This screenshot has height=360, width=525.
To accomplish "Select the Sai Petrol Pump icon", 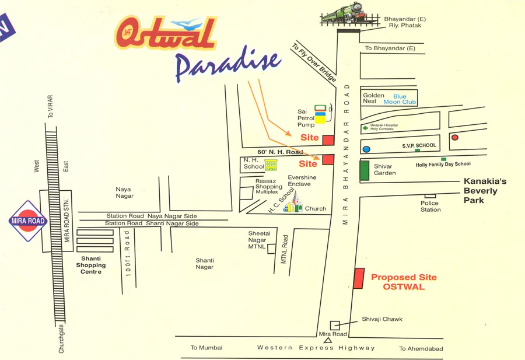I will pyautogui.click(x=319, y=115).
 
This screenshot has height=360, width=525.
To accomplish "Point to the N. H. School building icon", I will pyautogui.click(x=271, y=166).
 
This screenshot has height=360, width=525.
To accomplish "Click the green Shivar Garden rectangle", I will pyautogui.click(x=365, y=170).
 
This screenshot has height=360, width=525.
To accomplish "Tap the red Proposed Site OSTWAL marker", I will pyautogui.click(x=359, y=278).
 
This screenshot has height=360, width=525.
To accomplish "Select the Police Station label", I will pyautogui.click(x=430, y=206).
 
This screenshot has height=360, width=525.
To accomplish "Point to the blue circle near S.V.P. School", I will pyautogui.click(x=366, y=149).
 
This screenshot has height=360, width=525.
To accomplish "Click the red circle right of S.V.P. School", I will pyautogui.click(x=454, y=138).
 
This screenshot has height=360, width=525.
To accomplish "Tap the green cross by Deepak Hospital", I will pyautogui.click(x=365, y=128).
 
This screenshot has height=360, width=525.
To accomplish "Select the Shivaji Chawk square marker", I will pyautogui.click(x=335, y=325).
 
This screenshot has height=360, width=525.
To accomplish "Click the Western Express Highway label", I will pyautogui.click(x=316, y=348).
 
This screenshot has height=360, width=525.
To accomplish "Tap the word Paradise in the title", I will pyautogui.click(x=228, y=65).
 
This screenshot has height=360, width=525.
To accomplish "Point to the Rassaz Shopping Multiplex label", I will pyautogui.click(x=269, y=186).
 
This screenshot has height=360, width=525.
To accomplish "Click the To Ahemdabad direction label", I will pyautogui.click(x=421, y=349).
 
